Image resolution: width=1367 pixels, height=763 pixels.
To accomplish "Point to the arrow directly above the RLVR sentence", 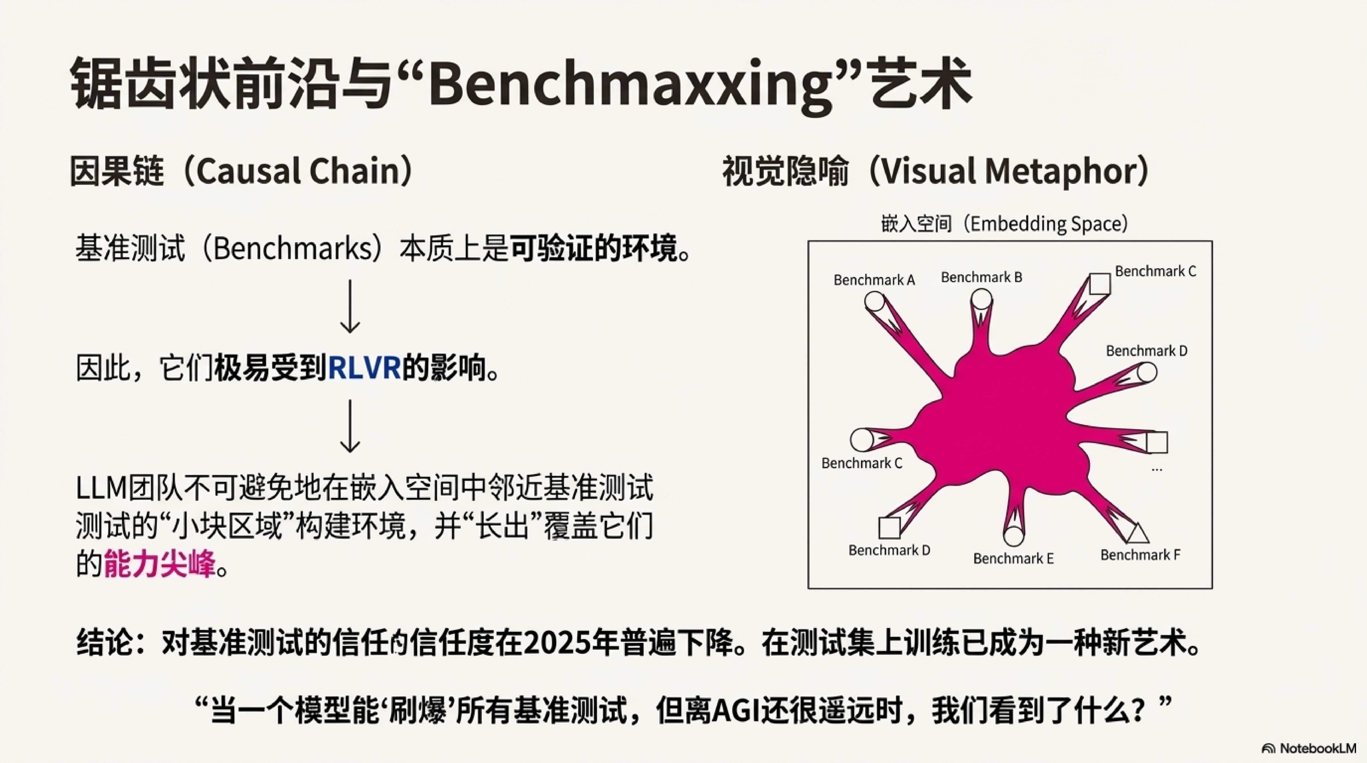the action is [350, 307].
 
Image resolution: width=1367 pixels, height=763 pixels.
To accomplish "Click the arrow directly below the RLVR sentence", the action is [350, 426].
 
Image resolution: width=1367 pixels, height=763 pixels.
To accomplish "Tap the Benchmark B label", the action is [981, 277].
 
